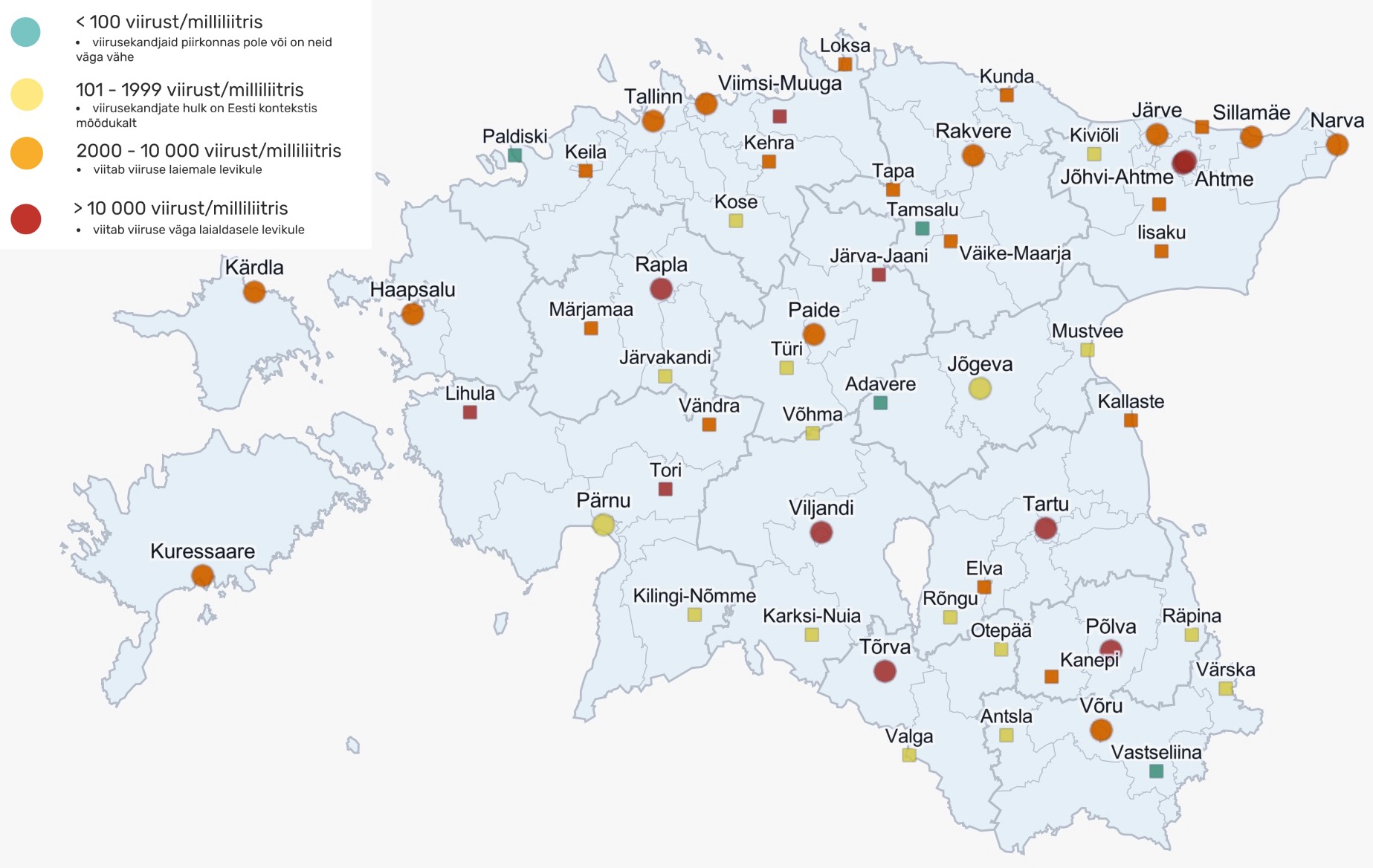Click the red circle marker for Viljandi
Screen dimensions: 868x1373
(x=821, y=532)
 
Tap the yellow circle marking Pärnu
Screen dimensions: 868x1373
(x=604, y=525)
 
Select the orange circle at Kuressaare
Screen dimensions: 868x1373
(x=202, y=575)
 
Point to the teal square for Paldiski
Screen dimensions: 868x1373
(x=514, y=155)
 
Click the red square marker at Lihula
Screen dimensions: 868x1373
(x=470, y=412)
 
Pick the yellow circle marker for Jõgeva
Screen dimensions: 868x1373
(x=980, y=388)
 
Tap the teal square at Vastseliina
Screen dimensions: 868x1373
(x=1156, y=771)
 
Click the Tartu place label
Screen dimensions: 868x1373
(x=1045, y=504)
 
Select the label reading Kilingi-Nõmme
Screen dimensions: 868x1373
(x=694, y=595)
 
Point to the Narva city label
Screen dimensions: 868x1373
(x=1337, y=120)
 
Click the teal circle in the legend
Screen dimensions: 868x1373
(x=26, y=32)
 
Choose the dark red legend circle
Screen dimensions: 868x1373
(x=26, y=219)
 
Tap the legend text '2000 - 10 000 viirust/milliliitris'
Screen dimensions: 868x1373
(x=208, y=151)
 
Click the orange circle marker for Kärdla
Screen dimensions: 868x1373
(x=254, y=291)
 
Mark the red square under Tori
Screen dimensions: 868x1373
(x=665, y=489)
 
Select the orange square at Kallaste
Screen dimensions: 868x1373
(x=1131, y=421)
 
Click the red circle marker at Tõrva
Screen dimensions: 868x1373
(x=885, y=671)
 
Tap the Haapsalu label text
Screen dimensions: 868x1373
(x=413, y=290)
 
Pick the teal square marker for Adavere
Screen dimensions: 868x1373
(x=880, y=403)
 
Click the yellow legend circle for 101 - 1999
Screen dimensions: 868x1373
(x=27, y=95)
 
